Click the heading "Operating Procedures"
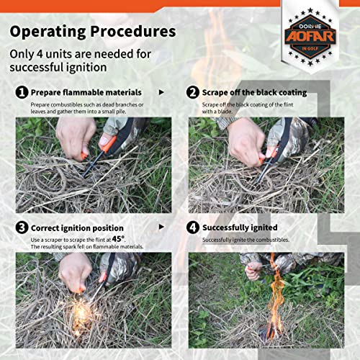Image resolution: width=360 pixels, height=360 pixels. (x=92, y=32)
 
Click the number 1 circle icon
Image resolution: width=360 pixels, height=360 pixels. (x=22, y=93)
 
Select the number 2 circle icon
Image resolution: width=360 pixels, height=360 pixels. (x=193, y=93)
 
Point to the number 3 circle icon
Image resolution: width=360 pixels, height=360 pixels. (x=22, y=228)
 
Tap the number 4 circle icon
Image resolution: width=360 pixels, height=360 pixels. (x=193, y=228)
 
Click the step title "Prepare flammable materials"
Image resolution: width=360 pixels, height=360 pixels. (x=86, y=93)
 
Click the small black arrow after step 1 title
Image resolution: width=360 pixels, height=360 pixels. (x=161, y=93)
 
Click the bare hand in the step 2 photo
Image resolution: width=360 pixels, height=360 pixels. (x=246, y=137)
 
